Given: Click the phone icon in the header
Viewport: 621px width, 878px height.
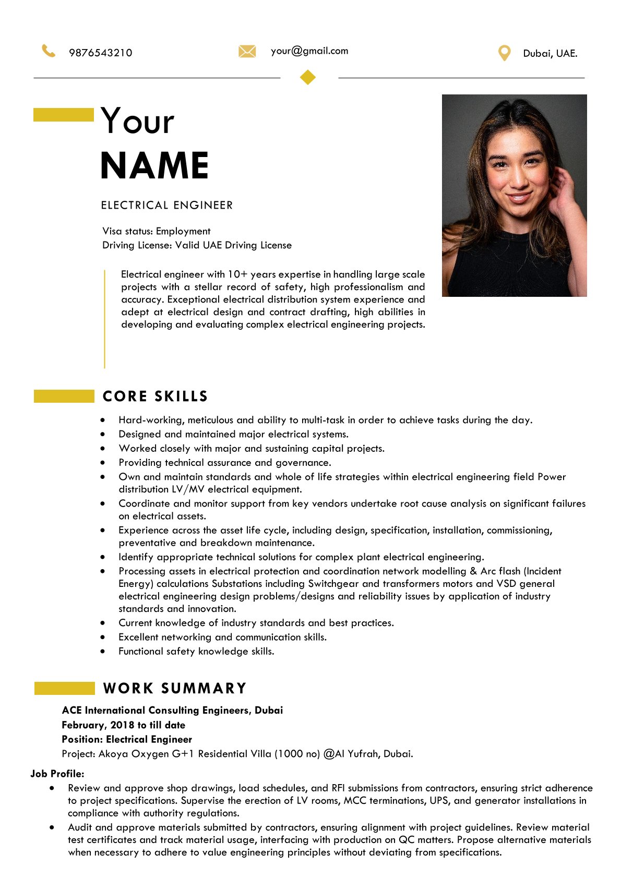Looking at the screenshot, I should click(x=49, y=51).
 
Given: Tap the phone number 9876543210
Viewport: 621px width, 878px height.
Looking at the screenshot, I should click(x=101, y=53).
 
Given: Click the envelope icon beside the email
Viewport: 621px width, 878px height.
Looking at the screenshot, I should click(x=247, y=51).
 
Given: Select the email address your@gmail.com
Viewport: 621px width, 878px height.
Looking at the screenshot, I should click(x=309, y=51).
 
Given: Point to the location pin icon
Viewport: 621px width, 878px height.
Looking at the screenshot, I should click(x=504, y=53).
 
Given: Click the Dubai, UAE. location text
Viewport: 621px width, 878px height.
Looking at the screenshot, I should click(x=550, y=53).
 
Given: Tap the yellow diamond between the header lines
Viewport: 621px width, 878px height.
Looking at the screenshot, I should click(x=308, y=77).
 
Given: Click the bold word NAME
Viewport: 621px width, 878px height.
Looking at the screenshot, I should click(x=154, y=166).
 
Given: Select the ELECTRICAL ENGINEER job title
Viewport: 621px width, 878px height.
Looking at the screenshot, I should click(x=167, y=205).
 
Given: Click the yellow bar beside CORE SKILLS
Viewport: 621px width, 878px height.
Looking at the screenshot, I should click(x=64, y=396).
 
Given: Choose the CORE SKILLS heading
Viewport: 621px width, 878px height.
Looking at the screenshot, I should click(x=156, y=396).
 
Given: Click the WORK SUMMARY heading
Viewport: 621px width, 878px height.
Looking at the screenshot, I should click(x=175, y=688).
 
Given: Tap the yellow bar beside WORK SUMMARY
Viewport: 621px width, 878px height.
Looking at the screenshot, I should click(x=64, y=688).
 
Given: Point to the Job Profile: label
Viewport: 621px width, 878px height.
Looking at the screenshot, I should click(x=57, y=774).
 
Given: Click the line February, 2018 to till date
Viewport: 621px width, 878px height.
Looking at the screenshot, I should click(x=123, y=725).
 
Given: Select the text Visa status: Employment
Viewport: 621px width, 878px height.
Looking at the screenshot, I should click(x=157, y=231).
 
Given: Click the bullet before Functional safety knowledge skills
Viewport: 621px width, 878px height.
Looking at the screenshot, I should click(x=103, y=651).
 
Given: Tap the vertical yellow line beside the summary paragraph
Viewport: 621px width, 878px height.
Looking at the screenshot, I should click(x=105, y=319).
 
